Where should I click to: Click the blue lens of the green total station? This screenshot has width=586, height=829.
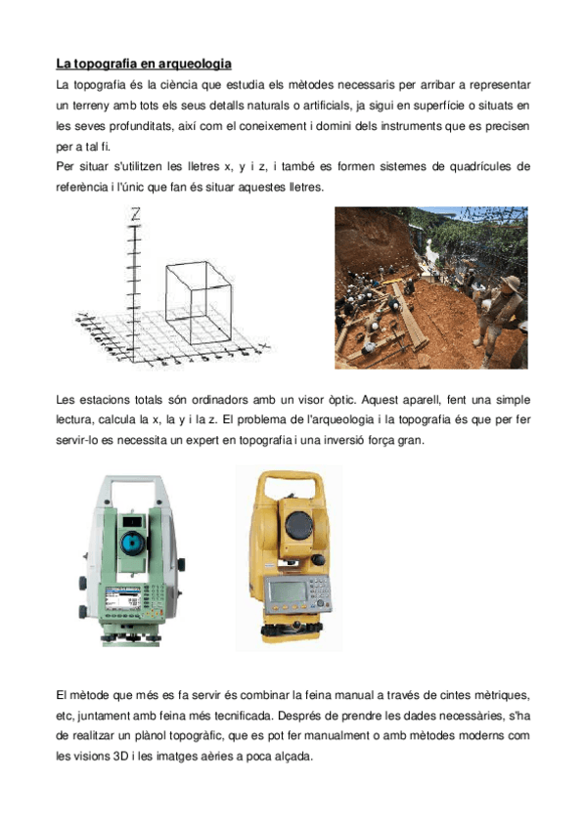point(130,543)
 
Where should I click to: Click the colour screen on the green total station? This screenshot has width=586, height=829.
point(124,599)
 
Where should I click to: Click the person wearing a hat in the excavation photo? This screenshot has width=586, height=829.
point(508,299)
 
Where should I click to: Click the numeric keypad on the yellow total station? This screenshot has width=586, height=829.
point(319,589)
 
